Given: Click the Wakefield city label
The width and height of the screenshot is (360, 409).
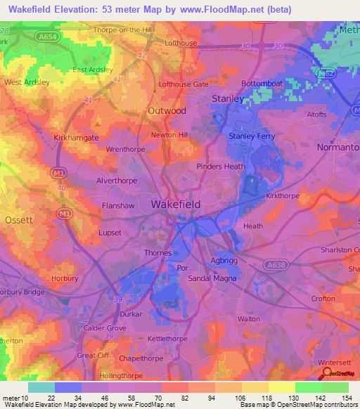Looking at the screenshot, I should tap(176, 204).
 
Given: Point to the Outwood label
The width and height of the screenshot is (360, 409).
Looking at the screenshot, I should tap(167, 111).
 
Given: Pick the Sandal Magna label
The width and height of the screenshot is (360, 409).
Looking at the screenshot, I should tap(210, 279).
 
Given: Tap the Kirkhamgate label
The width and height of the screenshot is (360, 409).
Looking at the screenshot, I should tap(76, 138).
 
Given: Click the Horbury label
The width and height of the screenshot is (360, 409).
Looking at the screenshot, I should tap(65, 278).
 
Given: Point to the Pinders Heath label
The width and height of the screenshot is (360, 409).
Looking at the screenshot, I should tap(221, 167).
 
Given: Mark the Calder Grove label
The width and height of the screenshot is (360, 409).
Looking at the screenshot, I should tap(105, 328).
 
